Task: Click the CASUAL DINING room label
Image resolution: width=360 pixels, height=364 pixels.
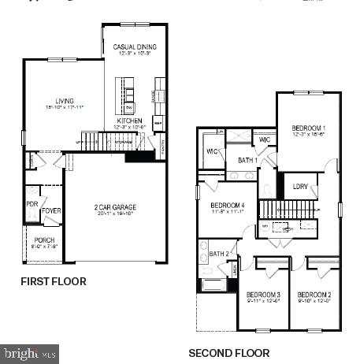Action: [x=135, y=47]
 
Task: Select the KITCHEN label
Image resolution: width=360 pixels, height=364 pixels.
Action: [x=128, y=121]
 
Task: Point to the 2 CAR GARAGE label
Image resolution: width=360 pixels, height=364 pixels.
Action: [x=115, y=207]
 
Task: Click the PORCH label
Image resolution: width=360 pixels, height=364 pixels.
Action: [x=44, y=240]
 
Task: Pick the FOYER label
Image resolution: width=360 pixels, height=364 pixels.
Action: [x=51, y=211]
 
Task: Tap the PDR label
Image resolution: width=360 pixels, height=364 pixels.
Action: [x=32, y=203]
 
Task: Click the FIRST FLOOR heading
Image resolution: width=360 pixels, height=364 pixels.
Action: [x=54, y=281]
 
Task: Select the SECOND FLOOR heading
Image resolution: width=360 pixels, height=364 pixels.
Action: [x=228, y=353]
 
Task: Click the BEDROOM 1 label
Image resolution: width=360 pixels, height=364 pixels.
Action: [x=309, y=128]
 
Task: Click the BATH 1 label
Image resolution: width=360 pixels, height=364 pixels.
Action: [x=247, y=161]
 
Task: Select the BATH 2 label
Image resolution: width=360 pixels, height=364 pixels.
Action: [x=219, y=254]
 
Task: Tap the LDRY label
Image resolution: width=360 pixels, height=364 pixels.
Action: [x=300, y=186]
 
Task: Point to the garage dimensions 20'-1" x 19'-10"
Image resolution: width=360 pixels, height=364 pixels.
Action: [x=115, y=214]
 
